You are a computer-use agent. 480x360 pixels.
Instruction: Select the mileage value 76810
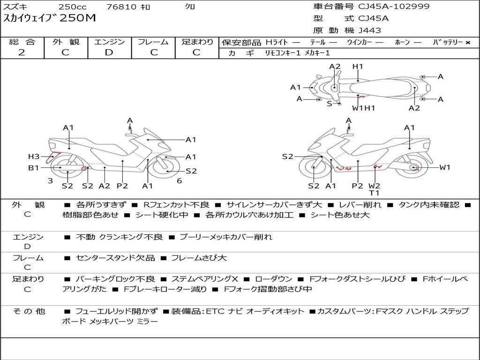(x=121, y=7)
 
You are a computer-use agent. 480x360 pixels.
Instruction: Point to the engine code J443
(x=370, y=30)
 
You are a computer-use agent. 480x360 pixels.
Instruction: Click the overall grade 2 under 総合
(x=22, y=52)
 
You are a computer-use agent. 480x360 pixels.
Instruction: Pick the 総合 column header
(x=22, y=42)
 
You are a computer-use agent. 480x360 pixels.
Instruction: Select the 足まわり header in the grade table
(x=197, y=42)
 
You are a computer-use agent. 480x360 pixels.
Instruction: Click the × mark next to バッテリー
(x=467, y=43)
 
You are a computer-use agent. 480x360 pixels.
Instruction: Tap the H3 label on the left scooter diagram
(x=34, y=157)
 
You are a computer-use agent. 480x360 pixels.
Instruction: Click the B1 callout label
(x=33, y=167)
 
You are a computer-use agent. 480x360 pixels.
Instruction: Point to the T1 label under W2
(x=374, y=193)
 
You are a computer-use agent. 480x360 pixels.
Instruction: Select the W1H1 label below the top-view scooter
(x=364, y=108)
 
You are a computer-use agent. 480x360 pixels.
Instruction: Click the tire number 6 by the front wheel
(x=179, y=181)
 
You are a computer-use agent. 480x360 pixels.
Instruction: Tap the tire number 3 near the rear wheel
(x=50, y=181)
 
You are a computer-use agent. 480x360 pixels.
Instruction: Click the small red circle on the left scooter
(x=84, y=168)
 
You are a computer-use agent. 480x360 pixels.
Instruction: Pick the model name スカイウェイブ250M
(x=50, y=18)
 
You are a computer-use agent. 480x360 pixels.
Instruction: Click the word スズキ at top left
(x=16, y=7)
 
